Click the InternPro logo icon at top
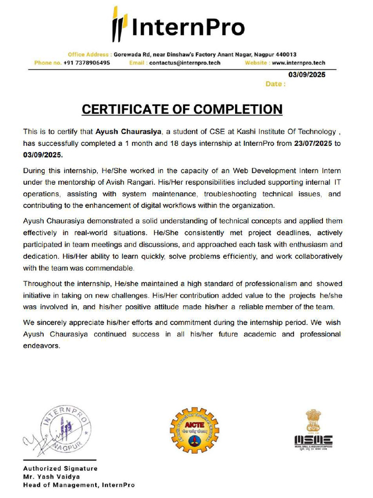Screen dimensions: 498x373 (x=119, y=24)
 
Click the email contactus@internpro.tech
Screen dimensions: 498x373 (x=185, y=63)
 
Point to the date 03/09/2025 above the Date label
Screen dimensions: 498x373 (x=307, y=75)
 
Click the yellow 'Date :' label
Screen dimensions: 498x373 (x=275, y=84)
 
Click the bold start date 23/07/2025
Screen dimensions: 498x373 (x=313, y=143)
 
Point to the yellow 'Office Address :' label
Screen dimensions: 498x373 (x=90, y=54)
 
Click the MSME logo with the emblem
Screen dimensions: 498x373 (x=313, y=429)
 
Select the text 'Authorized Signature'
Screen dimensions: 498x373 (x=60, y=468)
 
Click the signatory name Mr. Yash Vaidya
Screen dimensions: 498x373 (x=51, y=477)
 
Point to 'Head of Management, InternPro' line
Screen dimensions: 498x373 (x=79, y=485)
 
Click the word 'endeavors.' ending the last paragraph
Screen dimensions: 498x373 (x=42, y=346)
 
